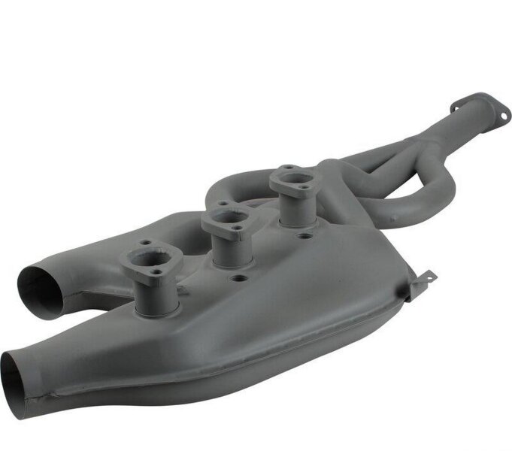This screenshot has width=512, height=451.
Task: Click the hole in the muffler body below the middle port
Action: pos(238,278)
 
